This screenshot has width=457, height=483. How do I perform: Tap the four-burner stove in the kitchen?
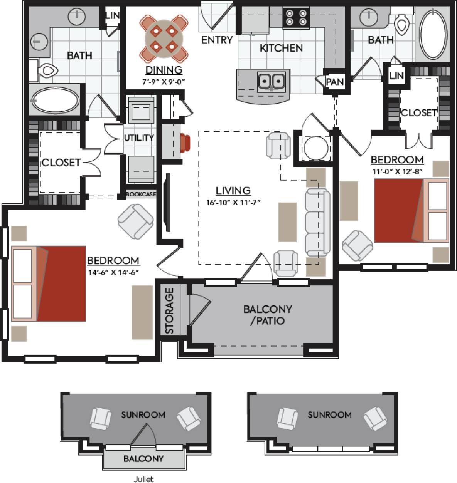click(296, 18)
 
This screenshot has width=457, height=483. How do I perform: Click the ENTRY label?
click(217, 40)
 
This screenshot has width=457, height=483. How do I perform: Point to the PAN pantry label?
click(335, 82)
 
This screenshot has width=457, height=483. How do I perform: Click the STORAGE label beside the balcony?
click(170, 311)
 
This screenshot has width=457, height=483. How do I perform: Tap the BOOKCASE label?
click(141, 195)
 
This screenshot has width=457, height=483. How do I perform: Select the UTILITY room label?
click(139, 138)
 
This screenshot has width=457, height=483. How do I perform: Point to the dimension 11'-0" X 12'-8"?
click(398, 172)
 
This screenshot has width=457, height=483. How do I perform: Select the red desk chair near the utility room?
click(185, 143)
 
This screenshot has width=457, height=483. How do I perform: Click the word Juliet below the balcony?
click(143, 479)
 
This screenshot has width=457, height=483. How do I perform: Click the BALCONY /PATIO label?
click(267, 315)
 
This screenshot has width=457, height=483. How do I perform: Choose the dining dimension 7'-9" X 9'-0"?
click(164, 81)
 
